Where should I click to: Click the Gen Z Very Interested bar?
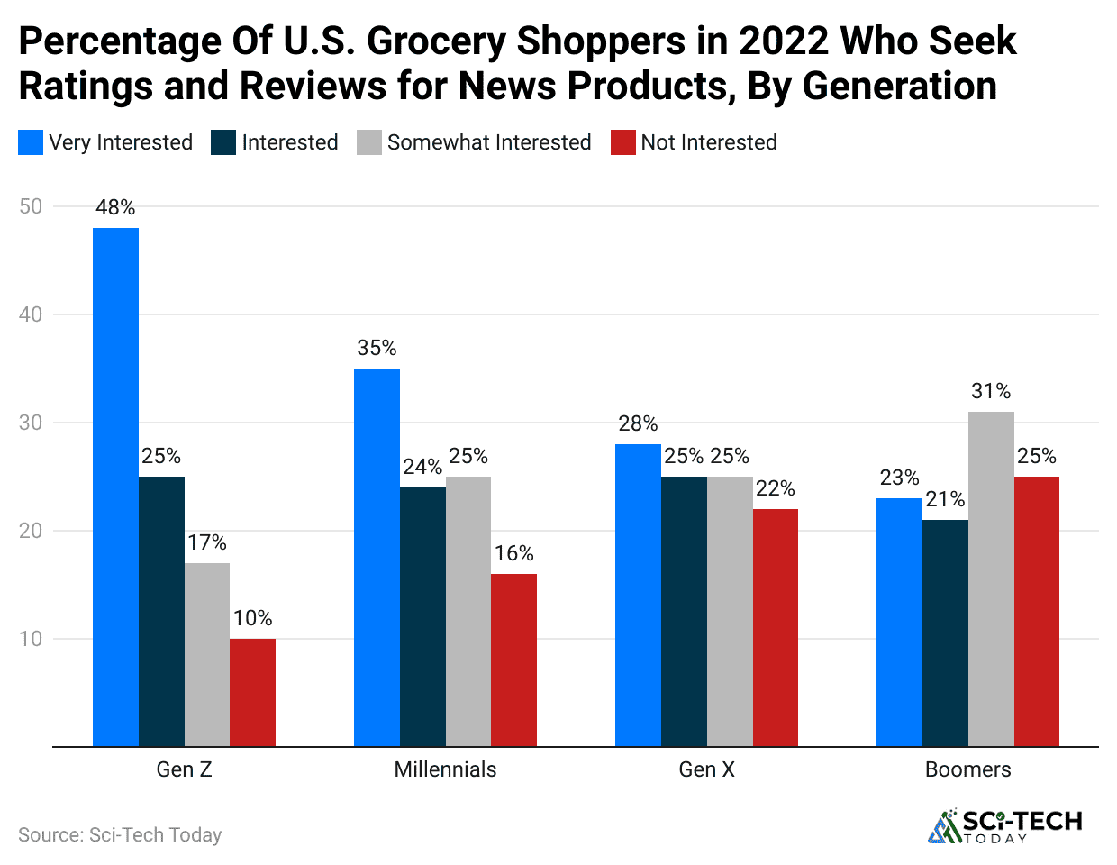pos(115,487)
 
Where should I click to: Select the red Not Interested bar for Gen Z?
pos(252,692)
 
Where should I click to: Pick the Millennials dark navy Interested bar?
pos(422,616)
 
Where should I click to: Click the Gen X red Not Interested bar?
pos(775,627)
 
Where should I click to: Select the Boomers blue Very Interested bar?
pos(899,622)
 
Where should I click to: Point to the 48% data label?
pos(115,207)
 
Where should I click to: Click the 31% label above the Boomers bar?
pos(991,391)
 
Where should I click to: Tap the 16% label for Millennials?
pos(513,553)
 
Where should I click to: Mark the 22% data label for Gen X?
pos(775,488)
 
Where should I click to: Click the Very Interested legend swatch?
pos(31,142)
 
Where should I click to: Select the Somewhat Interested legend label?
pos(488,142)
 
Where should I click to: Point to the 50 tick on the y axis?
pos(31,206)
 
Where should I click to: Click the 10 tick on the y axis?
pos(31,639)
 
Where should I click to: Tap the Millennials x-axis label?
pos(445,769)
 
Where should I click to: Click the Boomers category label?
pos(967,769)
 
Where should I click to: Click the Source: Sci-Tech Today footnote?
pos(120,835)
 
